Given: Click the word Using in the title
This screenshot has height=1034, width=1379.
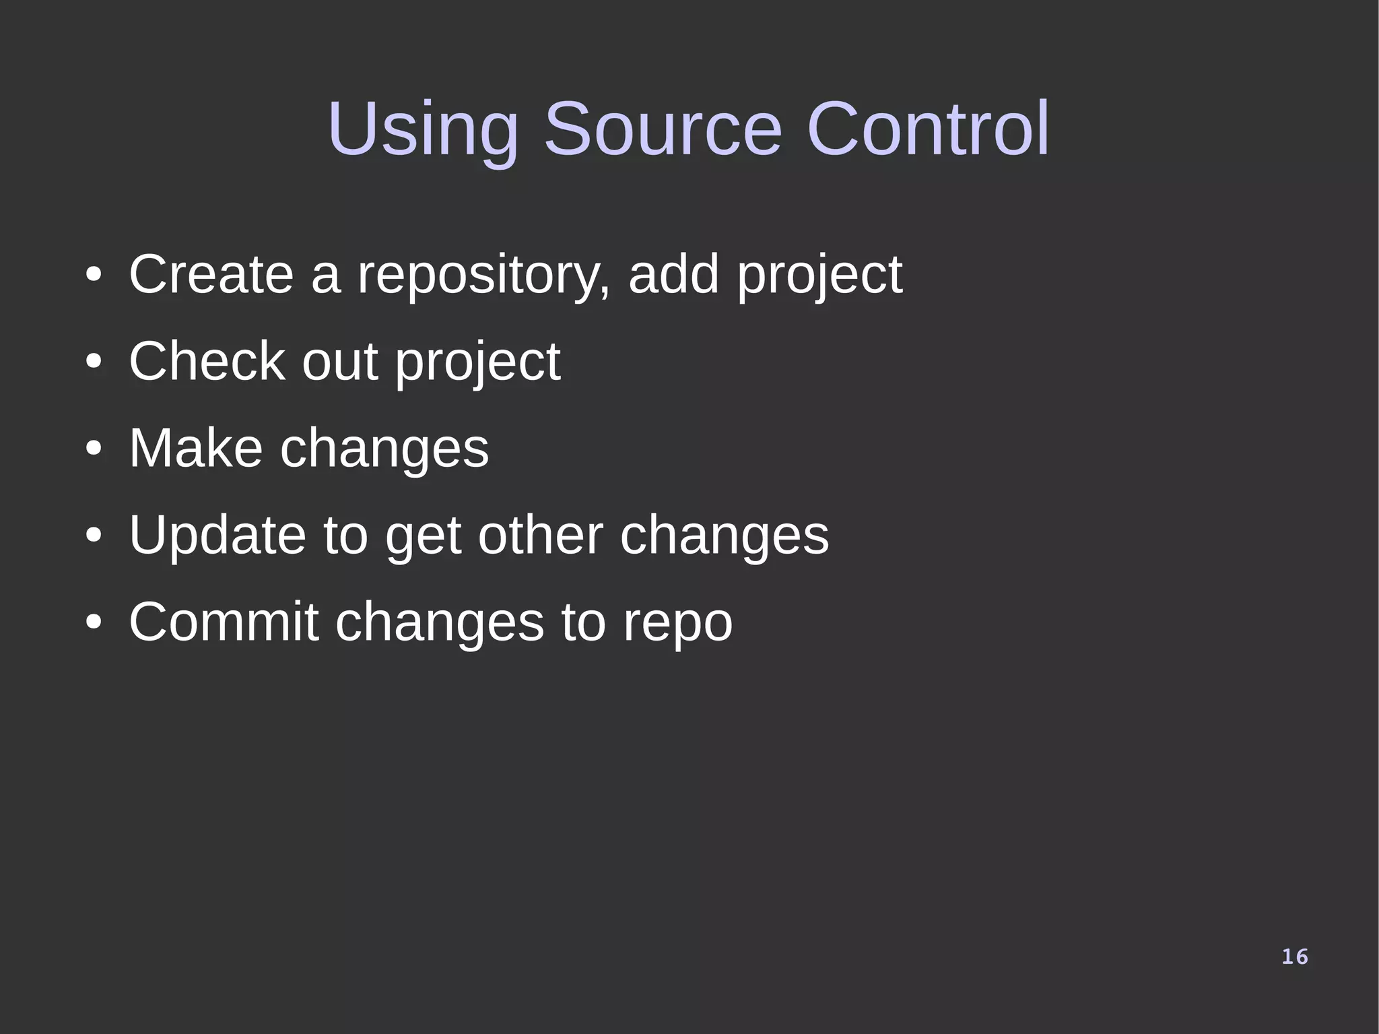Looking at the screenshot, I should coord(423,129).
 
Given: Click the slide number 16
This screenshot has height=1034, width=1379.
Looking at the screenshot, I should coord(1294,957).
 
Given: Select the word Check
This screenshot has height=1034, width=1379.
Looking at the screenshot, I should coord(207,361).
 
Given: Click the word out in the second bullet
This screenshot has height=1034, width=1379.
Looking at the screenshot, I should coord(339,362).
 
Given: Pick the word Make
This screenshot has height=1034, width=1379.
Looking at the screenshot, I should coord(195,448).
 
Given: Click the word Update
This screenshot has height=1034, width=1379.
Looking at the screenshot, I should coord(217,536).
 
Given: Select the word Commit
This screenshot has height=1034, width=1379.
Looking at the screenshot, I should coord(224,622).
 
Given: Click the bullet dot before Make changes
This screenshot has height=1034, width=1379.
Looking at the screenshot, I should coord(94,448).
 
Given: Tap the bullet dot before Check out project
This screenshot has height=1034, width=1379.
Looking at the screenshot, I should coord(94,361).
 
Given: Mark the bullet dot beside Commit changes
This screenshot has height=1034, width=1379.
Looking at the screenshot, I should coord(94,622).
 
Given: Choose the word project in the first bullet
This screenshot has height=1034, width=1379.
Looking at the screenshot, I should coord(819,276).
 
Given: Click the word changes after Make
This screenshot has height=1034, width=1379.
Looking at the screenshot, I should coord(384,449).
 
